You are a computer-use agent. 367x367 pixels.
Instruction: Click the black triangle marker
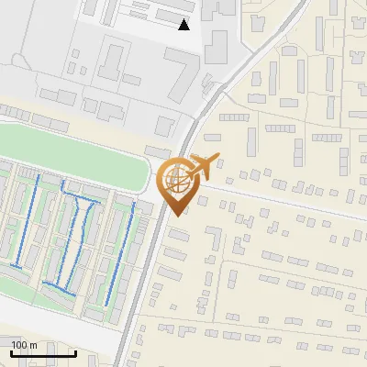tap(184, 25)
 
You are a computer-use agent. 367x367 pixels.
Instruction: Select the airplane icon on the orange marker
tap(200, 166)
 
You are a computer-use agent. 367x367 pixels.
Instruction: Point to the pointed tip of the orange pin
tap(176, 216)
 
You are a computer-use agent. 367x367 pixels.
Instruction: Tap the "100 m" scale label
tap(24, 345)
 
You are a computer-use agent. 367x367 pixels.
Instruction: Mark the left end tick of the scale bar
tap(11, 351)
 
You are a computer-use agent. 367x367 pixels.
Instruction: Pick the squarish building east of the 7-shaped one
tap(216, 46)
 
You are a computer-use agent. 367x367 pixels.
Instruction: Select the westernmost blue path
tap(27, 220)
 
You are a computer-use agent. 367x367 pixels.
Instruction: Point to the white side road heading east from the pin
tap(275, 198)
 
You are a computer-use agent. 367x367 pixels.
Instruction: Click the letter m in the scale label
tap(32, 345)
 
